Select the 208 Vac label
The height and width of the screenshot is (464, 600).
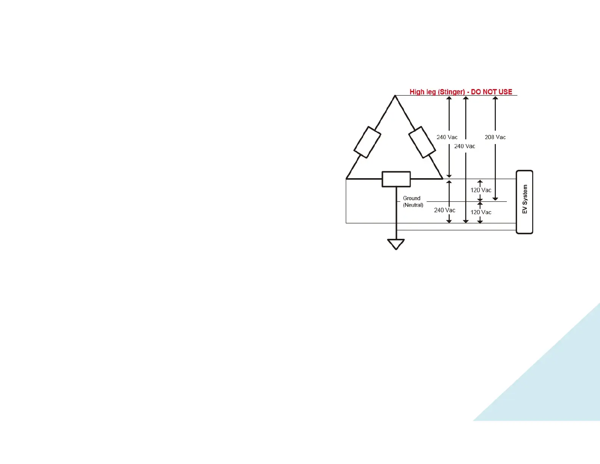pyautogui.click(x=495, y=137)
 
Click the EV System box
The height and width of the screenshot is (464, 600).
pyautogui.click(x=525, y=202)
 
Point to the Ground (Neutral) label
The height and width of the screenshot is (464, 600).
pyautogui.click(x=412, y=202)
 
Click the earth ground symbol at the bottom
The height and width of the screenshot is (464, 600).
pyautogui.click(x=396, y=244)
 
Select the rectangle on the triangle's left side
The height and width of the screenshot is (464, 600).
pyautogui.click(x=367, y=142)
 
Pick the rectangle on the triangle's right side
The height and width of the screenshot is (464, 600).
pyautogui.click(x=422, y=142)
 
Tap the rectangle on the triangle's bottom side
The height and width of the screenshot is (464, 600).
pyautogui.click(x=396, y=179)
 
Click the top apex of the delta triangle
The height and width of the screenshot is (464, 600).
pyautogui.click(x=395, y=96)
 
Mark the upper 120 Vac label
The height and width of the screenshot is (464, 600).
pyautogui.click(x=481, y=190)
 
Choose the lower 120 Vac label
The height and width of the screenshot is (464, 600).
pyautogui.click(x=481, y=212)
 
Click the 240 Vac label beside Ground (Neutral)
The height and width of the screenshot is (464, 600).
pyautogui.click(x=444, y=210)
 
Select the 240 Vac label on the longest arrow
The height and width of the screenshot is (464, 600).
pyautogui.click(x=464, y=146)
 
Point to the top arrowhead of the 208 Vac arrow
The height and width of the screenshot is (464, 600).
pyautogui.click(x=495, y=99)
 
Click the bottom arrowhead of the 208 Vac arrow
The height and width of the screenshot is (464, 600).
pyautogui.click(x=495, y=199)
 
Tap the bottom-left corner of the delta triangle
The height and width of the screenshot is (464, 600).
pyautogui.click(x=347, y=178)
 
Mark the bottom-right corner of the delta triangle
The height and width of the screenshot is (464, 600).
pyautogui.click(x=442, y=178)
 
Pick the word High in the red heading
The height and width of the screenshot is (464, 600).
pyautogui.click(x=417, y=92)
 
